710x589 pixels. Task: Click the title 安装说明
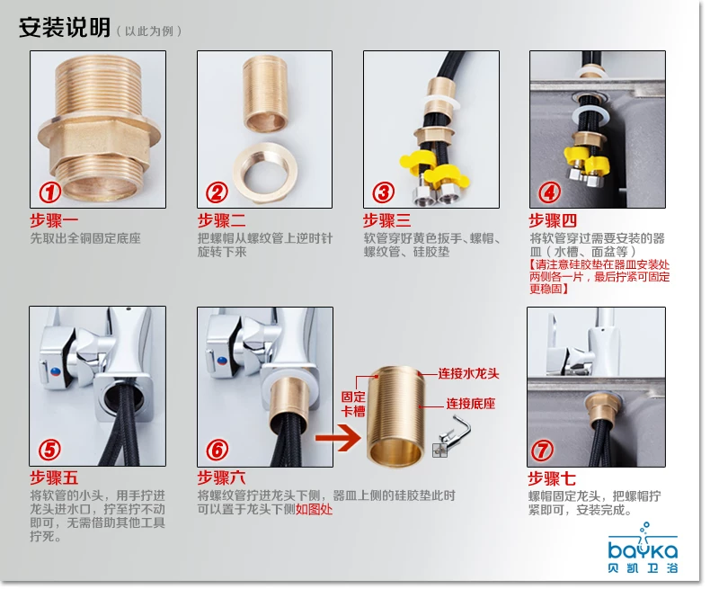point(65,28)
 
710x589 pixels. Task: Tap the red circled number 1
point(49,192)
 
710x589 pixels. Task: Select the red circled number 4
point(549,192)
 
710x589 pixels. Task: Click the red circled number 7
point(542,451)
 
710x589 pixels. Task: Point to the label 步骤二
point(221,220)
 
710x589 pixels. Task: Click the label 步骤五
point(54,478)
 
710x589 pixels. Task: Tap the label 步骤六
point(221,478)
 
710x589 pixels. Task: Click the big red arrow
point(338,438)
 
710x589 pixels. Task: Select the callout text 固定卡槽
point(353,404)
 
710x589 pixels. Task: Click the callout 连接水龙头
point(468,374)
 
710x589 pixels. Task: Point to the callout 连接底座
point(471,404)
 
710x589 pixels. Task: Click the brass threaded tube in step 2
point(265,94)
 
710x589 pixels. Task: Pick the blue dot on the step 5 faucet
point(55,372)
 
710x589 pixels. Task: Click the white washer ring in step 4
point(590,115)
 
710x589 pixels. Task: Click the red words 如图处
point(314,509)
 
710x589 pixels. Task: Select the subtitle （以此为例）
point(149,31)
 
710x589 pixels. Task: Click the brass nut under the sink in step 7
point(603,406)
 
